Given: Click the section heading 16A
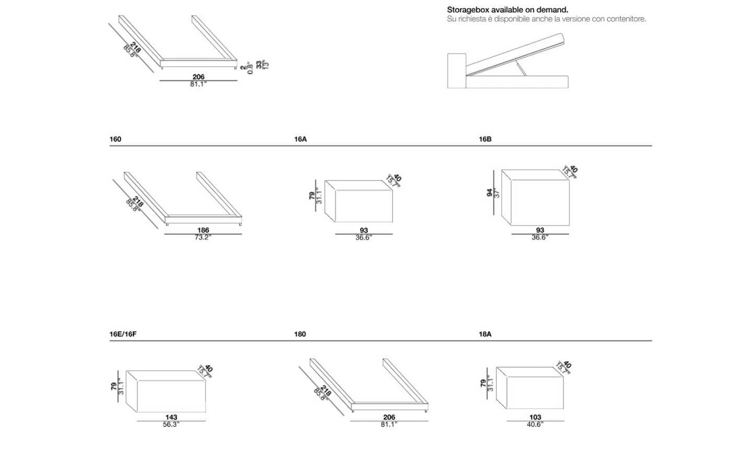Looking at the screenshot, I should pos(300,139).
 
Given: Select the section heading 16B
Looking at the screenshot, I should pos(485,139).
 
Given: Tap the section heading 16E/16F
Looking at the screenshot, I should pos(123,334).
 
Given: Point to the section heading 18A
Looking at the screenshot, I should pos(485,334).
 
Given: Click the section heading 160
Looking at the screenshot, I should pos(115,139).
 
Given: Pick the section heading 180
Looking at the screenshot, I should pos(300,334).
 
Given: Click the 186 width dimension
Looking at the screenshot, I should pos(203,230).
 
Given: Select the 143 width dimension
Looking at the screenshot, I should pos(171,417).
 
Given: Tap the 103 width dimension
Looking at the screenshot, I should pos(535,417).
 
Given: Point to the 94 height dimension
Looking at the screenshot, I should pos(490,193).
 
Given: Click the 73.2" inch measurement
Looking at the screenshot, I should pos(202,237).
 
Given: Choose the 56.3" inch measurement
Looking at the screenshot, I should pos(170,425).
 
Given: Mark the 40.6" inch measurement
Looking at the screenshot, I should pos(535,425).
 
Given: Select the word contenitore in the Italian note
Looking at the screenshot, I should pos(626,19).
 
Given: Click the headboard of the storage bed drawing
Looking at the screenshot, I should pos(457,70).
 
